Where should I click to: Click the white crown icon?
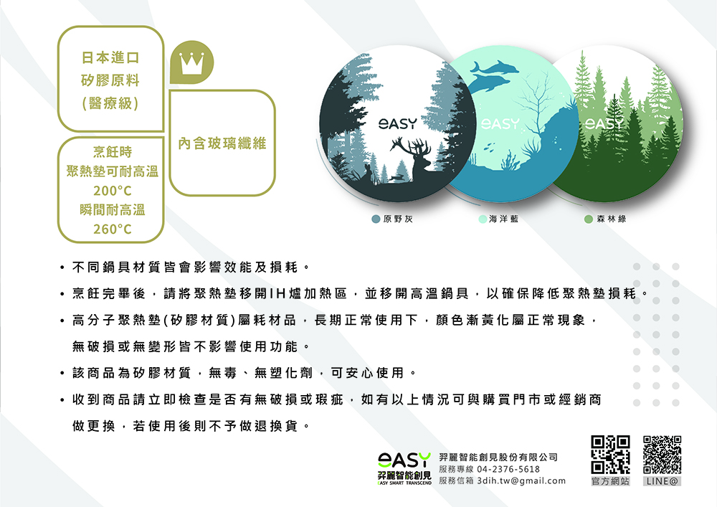click(x=191, y=63)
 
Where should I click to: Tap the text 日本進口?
click(x=110, y=58)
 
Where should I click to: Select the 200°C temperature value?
click(x=113, y=191)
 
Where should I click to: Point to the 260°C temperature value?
click(x=113, y=229)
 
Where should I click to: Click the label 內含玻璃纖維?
click(x=222, y=143)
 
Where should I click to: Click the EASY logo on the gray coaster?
click(x=398, y=123)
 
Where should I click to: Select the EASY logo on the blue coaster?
click(x=500, y=123)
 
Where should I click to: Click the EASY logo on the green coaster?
click(x=604, y=123)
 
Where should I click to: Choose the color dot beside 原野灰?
click(x=376, y=219)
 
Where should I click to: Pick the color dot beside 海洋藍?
click(x=483, y=219)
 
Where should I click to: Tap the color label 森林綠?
click(x=612, y=219)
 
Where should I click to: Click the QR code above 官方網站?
click(x=610, y=455)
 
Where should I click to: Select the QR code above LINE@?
click(x=662, y=455)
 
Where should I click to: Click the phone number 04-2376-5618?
click(x=508, y=470)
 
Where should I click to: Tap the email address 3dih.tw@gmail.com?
click(x=521, y=481)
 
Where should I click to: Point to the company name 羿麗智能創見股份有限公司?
click(x=498, y=458)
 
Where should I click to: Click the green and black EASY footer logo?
click(x=404, y=468)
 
